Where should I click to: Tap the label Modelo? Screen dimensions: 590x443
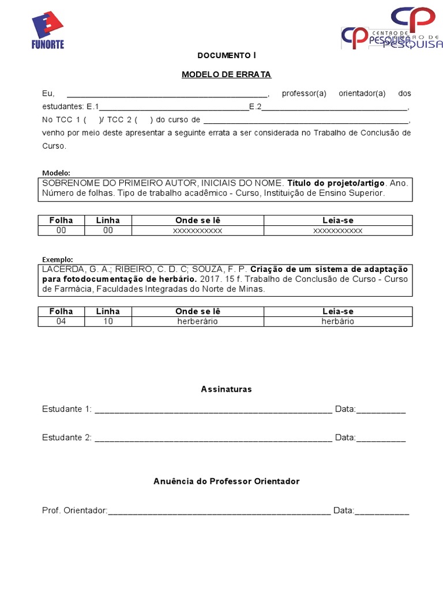click(x=56, y=173)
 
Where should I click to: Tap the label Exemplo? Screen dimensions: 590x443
click(x=57, y=259)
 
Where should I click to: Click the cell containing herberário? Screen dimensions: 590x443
click(x=197, y=322)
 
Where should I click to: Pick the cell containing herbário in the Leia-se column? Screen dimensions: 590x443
click(x=337, y=322)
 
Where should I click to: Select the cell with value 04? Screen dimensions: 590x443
click(x=61, y=322)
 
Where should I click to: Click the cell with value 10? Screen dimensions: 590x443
click(x=108, y=322)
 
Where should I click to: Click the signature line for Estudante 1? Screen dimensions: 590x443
click(x=213, y=410)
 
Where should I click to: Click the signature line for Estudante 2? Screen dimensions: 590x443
click(x=213, y=438)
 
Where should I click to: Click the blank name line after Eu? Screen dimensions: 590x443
click(x=167, y=94)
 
